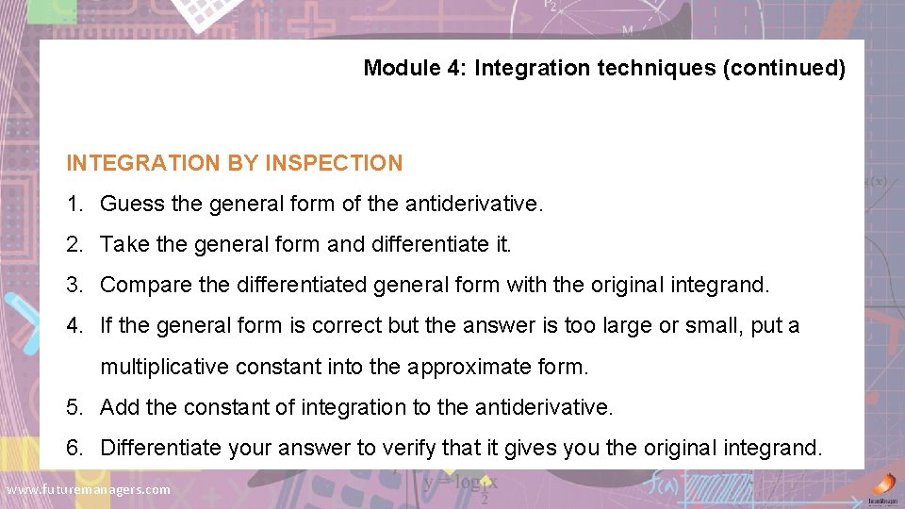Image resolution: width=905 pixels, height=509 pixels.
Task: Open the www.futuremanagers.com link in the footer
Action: (89, 489)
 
